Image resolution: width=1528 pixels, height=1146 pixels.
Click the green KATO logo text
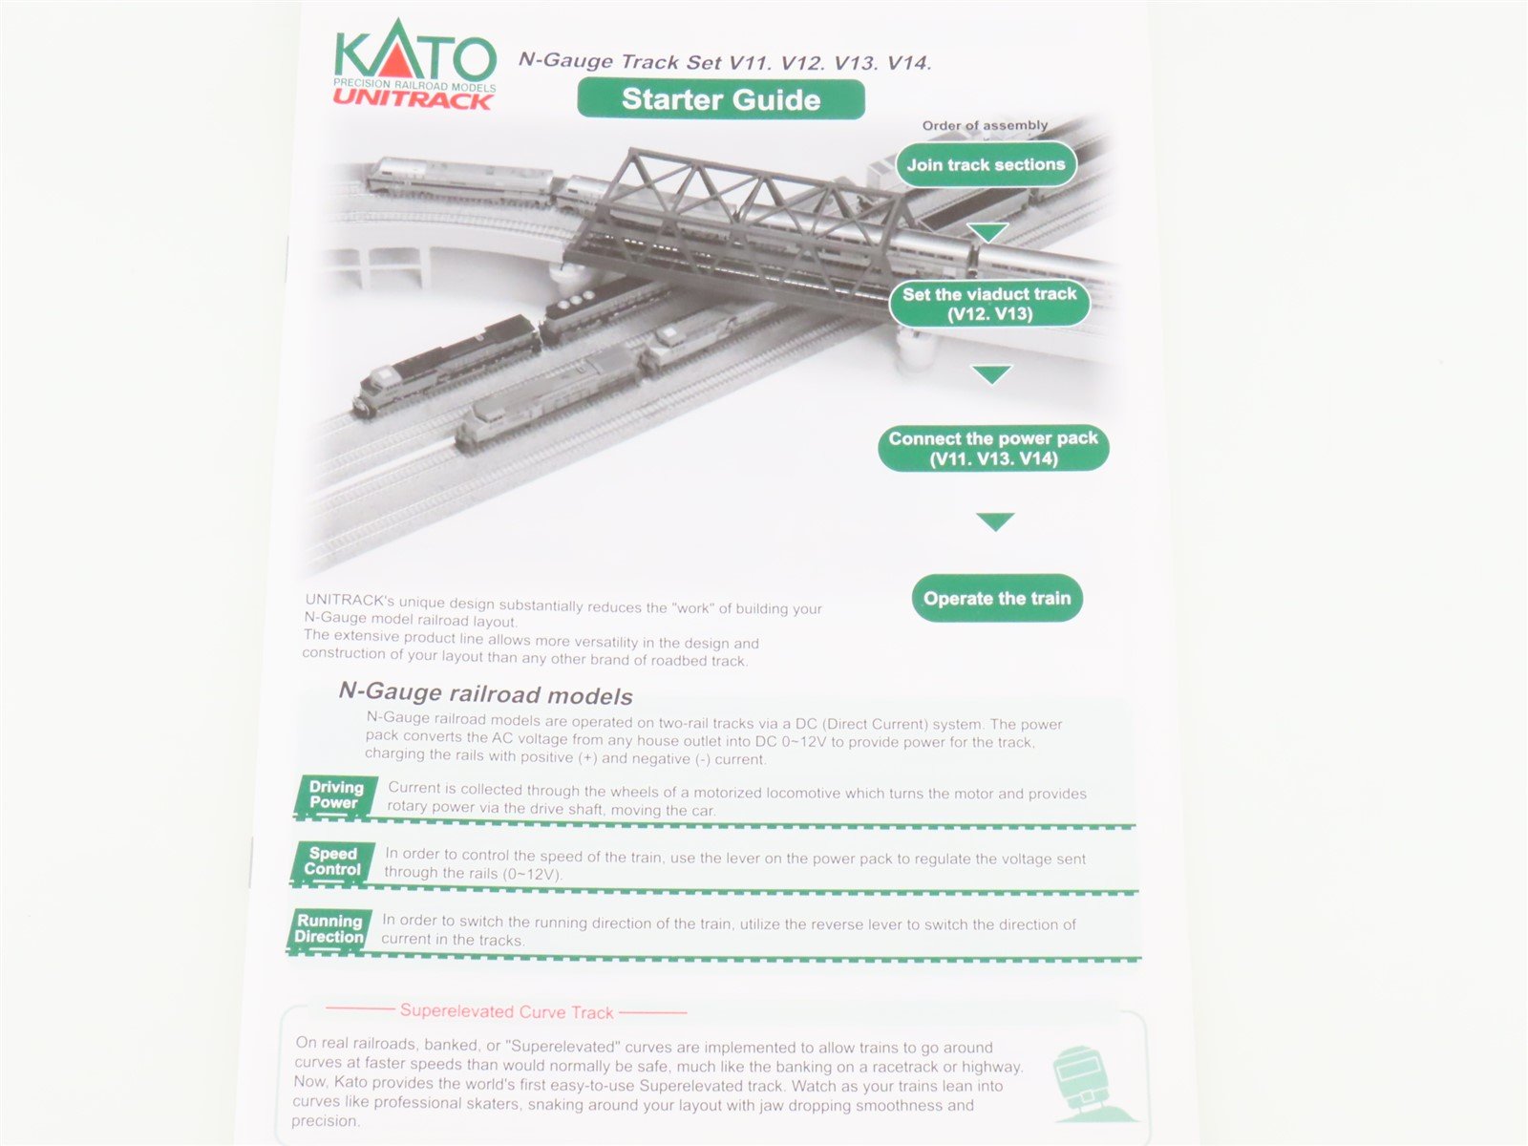pyautogui.click(x=415, y=55)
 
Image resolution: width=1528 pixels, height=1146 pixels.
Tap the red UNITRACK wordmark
pyautogui.click(x=413, y=99)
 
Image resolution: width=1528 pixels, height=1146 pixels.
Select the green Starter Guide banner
pyautogui.click(x=721, y=99)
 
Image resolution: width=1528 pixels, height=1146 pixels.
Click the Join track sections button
pyautogui.click(x=986, y=164)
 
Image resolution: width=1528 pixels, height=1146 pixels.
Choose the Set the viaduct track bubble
pyautogui.click(x=989, y=304)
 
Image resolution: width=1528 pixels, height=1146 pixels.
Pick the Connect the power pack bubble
pyautogui.click(x=993, y=448)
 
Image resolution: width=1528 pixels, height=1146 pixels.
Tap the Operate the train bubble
pyautogui.click(x=997, y=599)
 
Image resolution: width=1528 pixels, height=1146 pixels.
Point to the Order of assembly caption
pyautogui.click(x=985, y=125)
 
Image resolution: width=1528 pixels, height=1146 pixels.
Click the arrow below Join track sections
pyautogui.click(x=987, y=232)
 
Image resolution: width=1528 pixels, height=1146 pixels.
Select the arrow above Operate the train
pyautogui.click(x=995, y=521)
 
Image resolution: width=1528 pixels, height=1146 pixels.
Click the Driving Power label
pyautogui.click(x=335, y=796)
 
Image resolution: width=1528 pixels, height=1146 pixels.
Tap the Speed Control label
pyautogui.click(x=332, y=861)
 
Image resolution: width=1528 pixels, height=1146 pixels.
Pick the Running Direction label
pyautogui.click(x=329, y=929)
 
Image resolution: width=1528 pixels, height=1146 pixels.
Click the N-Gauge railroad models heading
pyautogui.click(x=485, y=693)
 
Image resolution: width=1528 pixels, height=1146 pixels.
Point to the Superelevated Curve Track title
pyautogui.click(x=506, y=1010)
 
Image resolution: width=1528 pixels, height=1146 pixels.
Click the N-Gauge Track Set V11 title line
pyautogui.click(x=724, y=63)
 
